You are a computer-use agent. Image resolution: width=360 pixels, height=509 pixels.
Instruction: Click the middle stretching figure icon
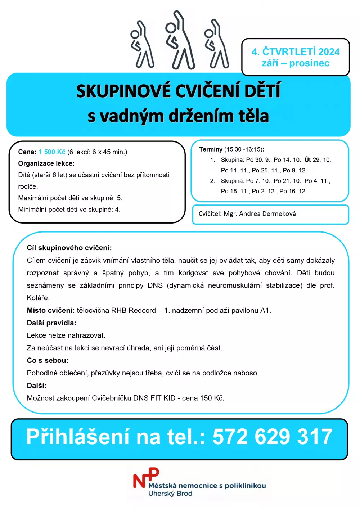pyautogui.click(x=180, y=40)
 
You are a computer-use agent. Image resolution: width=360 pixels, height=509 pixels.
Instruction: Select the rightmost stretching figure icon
pyautogui.click(x=216, y=44)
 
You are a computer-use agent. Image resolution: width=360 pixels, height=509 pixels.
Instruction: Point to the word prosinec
pyautogui.click(x=309, y=63)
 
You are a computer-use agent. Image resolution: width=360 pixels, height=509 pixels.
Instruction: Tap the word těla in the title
pyautogui.click(x=254, y=116)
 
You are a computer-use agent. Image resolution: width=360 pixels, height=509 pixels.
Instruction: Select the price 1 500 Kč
pyautogui.click(x=52, y=152)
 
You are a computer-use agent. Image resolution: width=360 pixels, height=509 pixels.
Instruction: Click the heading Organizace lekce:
pyautogui.click(x=46, y=163)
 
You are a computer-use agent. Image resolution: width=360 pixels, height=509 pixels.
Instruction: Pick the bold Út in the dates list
pyautogui.click(x=308, y=160)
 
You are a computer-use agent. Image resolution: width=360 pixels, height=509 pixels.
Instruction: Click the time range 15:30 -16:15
pyautogui.click(x=243, y=149)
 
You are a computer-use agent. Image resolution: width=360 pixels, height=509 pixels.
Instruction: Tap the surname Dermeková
pyautogui.click(x=279, y=214)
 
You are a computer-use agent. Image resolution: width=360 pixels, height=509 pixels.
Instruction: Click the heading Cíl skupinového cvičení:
pyautogui.click(x=69, y=248)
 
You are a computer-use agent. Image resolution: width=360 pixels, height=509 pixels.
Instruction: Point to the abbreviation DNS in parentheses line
pyautogui.click(x=155, y=285)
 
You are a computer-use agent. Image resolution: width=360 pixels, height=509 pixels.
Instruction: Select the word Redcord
pyautogui.click(x=142, y=310)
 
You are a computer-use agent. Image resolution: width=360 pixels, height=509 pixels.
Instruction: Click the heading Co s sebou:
pyautogui.click(x=48, y=360)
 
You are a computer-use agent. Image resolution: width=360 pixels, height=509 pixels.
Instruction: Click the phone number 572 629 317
pyautogui.click(x=272, y=437)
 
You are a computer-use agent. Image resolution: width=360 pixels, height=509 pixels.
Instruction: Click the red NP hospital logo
pyautogui.click(x=146, y=478)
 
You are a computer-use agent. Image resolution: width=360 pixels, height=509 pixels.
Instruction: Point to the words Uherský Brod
pyautogui.click(x=170, y=494)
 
